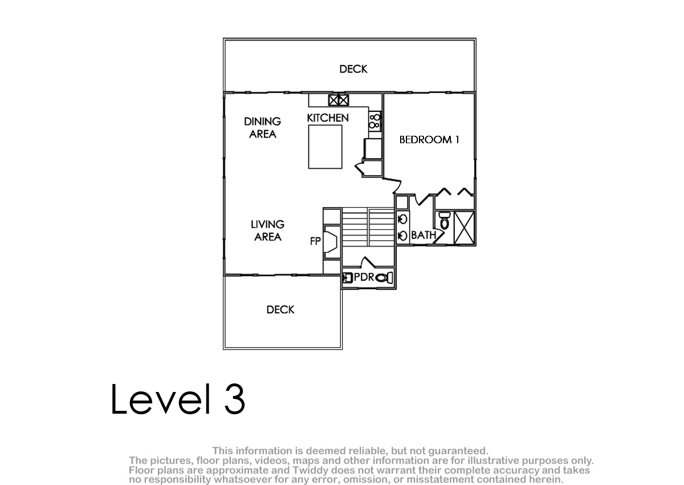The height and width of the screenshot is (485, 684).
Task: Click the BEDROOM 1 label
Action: coord(429,140)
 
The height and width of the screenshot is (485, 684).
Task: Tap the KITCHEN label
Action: coord(328,118)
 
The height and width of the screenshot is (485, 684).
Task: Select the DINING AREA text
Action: coord(263,128)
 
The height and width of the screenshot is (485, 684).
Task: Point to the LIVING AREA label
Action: coord(267,231)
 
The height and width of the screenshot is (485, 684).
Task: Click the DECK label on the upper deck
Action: coord(353,69)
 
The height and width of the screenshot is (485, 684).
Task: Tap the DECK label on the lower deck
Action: coord(280,310)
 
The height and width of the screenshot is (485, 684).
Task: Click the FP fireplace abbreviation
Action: coord(315,241)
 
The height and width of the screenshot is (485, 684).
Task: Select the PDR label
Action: coord(364,277)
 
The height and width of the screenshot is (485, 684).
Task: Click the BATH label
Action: coord(424,235)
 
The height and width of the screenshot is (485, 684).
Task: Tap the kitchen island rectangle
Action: coord(325,147)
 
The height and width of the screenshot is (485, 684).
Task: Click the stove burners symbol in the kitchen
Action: coord(374,122)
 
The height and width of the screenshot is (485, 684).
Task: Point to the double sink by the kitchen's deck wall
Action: coord(339,100)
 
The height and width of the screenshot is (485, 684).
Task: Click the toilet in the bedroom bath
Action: coord(445,221)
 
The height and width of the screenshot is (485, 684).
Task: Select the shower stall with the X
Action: coord(464,228)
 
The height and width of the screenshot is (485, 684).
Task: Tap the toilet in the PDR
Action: coord(384,278)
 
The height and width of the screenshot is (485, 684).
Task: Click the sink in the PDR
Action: coord(347,278)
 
